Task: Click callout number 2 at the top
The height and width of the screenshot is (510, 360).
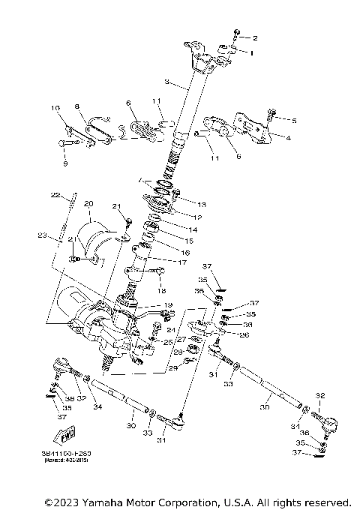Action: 254,37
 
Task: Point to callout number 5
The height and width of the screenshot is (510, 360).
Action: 294,120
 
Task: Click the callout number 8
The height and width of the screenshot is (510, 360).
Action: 77,106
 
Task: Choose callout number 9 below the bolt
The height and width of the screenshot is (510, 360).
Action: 65,163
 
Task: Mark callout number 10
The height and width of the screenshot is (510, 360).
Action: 55,109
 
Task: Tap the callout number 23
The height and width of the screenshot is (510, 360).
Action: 43,235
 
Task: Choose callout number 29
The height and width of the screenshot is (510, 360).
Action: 172,367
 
